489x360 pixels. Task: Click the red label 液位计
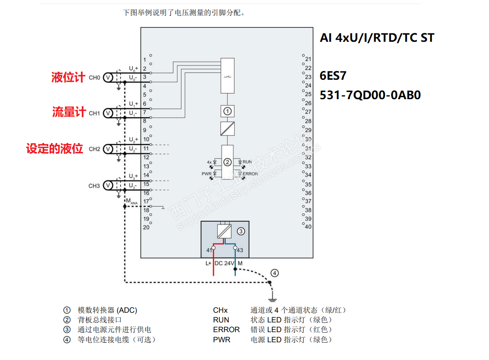pyautogui.click(x=68, y=77)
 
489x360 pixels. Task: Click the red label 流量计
pyautogui.click(x=69, y=112)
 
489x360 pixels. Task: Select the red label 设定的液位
pyautogui.click(x=54, y=149)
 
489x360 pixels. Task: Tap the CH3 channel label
pyautogui.click(x=94, y=186)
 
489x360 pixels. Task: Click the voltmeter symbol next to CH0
pyautogui.click(x=108, y=78)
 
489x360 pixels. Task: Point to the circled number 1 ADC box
pyautogui.click(x=227, y=111)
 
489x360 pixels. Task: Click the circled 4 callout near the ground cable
pyautogui.click(x=274, y=273)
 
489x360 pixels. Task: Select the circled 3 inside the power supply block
pyautogui.click(x=240, y=231)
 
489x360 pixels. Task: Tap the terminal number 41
pyautogui.click(x=209, y=250)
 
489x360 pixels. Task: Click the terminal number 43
pyautogui.click(x=240, y=250)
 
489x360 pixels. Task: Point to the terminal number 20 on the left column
pyautogui.click(x=146, y=227)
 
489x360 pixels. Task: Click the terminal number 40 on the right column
pyautogui.click(x=308, y=227)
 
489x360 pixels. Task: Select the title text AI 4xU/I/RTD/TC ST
pyautogui.click(x=377, y=38)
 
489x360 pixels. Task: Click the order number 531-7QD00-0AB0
pyautogui.click(x=370, y=95)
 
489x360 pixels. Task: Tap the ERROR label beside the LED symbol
pyautogui.click(x=250, y=173)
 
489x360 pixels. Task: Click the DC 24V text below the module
pyautogui.click(x=224, y=263)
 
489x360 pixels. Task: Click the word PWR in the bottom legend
pyautogui.click(x=222, y=340)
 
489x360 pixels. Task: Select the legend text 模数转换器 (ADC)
pyautogui.click(x=107, y=310)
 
